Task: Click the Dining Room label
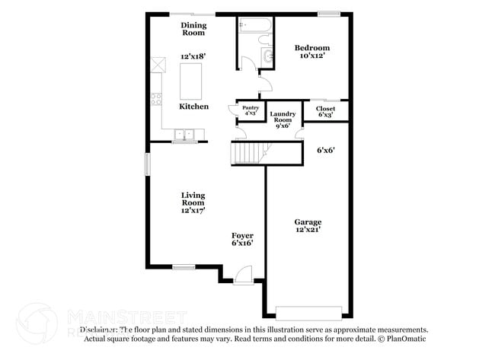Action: tap(193, 29)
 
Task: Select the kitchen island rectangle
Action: tap(190, 81)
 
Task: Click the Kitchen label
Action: tap(193, 107)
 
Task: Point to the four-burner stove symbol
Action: tap(156, 97)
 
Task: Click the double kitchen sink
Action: tap(184, 135)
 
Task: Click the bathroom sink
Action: tap(267, 56)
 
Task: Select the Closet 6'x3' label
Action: tap(325, 111)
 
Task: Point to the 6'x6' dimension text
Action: tap(326, 150)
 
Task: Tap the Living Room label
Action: tap(193, 203)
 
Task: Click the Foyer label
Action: tap(242, 239)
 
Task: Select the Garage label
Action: tap(308, 225)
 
